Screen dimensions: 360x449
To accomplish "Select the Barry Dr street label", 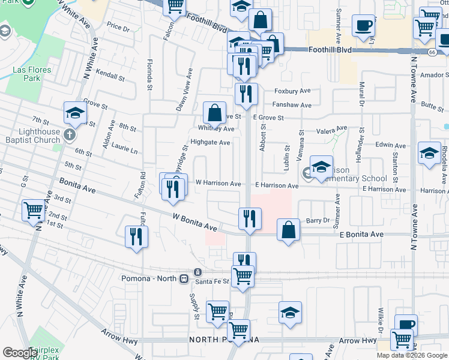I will click(318, 221).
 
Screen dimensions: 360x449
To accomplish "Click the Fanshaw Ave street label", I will click(293, 105).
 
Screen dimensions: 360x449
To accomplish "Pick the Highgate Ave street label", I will click(210, 143).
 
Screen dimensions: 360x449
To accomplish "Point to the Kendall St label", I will click(110, 77).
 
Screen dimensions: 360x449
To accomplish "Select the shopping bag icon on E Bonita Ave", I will click(289, 230).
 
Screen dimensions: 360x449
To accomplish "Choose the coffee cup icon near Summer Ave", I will click(363, 26).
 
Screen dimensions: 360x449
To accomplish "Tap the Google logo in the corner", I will click(20, 353).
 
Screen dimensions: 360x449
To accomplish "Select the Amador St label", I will click(435, 76).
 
